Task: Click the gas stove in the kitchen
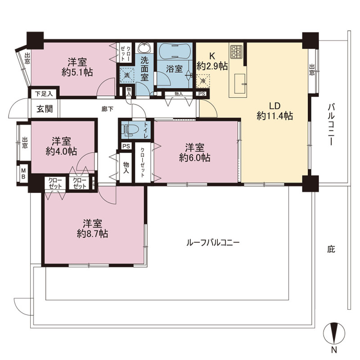pyautogui.click(x=236, y=51)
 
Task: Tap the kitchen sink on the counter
pyautogui.click(x=240, y=84)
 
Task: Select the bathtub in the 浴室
pyautogui.click(x=175, y=51)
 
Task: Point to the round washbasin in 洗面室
pyautogui.click(x=145, y=48)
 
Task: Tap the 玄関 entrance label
pyautogui.click(x=45, y=108)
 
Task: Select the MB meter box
pyautogui.click(x=23, y=174)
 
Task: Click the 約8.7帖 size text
pyautogui.click(x=92, y=234)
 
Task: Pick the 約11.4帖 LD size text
pyautogui.click(x=274, y=116)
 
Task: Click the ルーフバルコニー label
pyautogui.click(x=213, y=243)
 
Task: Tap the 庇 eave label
pyautogui.click(x=331, y=249)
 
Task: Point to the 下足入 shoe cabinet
pyautogui.click(x=44, y=94)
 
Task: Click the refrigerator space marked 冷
pyautogui.click(x=203, y=81)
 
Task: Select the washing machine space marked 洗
pyautogui.click(x=127, y=75)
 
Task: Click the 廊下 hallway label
pyautogui.click(x=108, y=109)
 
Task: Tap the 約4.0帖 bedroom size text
pyautogui.click(x=61, y=151)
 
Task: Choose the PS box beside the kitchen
pyautogui.click(x=202, y=94)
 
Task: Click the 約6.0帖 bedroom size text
pyautogui.click(x=195, y=158)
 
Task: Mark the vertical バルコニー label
pyautogui.click(x=331, y=124)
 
